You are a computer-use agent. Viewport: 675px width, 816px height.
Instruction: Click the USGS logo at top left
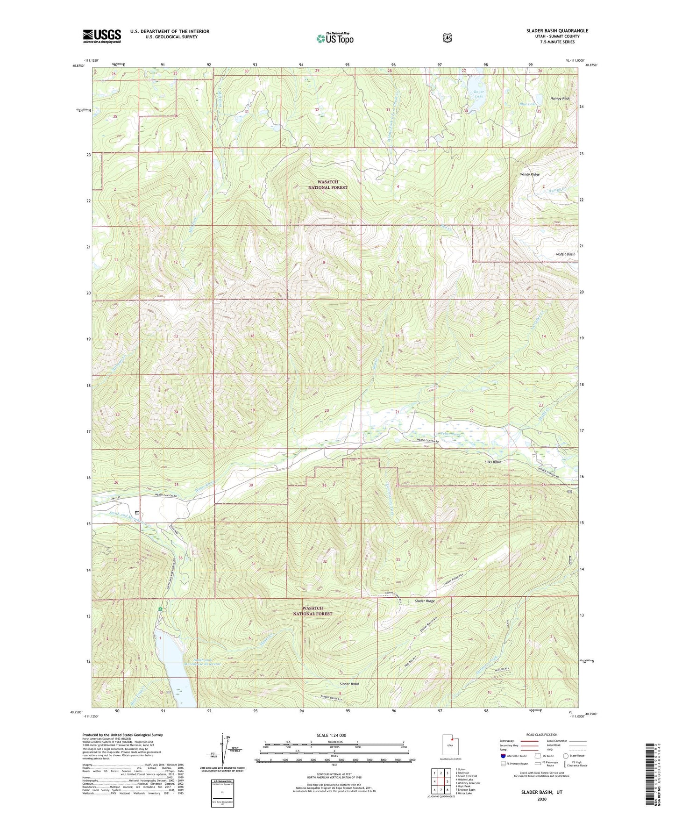pos(102,36)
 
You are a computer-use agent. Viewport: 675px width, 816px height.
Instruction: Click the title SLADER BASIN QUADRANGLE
pos(557,31)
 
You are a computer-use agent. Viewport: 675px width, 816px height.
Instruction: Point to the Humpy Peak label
pos(560,99)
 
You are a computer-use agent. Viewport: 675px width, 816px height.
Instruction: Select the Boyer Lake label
pos(478,94)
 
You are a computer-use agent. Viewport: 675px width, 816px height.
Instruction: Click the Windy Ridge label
pos(530,174)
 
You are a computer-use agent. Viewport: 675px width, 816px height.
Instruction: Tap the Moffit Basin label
pos(565,254)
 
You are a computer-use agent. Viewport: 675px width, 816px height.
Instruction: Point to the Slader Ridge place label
pos(425,601)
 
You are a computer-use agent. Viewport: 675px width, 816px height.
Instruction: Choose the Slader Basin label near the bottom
pos(349,684)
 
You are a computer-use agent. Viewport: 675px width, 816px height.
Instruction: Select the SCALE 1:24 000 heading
pos(331,735)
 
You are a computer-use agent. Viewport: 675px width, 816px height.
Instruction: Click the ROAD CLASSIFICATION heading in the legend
pos(541,735)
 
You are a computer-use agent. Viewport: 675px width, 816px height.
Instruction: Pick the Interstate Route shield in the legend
pos(503,756)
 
